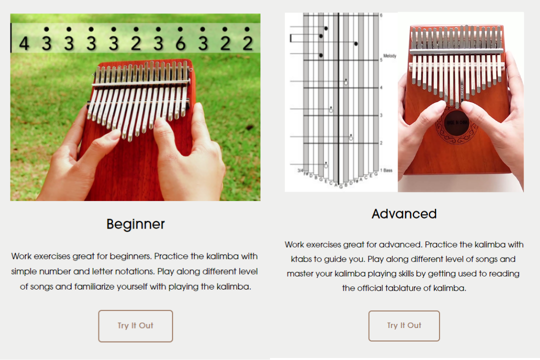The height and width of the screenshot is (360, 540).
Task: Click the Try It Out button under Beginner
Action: coord(135,326)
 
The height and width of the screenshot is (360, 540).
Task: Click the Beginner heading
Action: coord(135,224)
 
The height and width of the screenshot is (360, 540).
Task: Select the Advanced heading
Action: coord(404,214)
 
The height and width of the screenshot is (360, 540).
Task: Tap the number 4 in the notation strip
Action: coord(24,44)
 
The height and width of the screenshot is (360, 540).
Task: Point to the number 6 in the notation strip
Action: coord(180,44)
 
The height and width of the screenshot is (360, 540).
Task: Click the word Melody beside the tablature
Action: coord(389,56)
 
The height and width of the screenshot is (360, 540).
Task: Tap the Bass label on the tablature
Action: coord(388,170)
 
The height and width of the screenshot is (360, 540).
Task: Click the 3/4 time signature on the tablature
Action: coord(300,170)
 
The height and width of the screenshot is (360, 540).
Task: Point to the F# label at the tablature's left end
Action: coord(305,175)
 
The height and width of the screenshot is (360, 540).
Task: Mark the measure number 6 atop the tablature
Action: coord(380,15)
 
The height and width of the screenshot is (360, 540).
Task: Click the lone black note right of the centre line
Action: coord(355,44)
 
